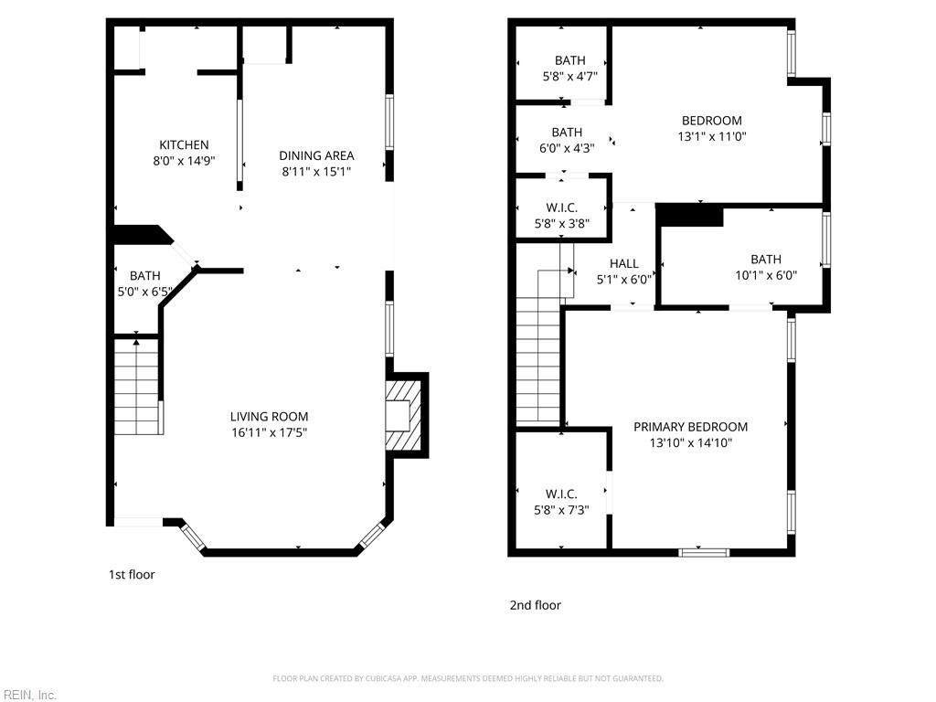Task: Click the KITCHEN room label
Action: pyautogui.click(x=184, y=145)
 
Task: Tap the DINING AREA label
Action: pyautogui.click(x=316, y=155)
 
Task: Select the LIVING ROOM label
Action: pyautogui.click(x=270, y=417)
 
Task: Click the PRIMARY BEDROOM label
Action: pyautogui.click(x=691, y=427)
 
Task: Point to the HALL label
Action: pyautogui.click(x=623, y=263)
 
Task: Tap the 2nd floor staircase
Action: pyautogui.click(x=539, y=347)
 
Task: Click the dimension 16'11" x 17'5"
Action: pyautogui.click(x=270, y=432)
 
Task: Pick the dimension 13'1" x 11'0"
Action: pyautogui.click(x=712, y=136)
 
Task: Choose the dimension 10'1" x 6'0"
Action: pyautogui.click(x=766, y=275)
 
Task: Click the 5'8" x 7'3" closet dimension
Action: pyautogui.click(x=561, y=510)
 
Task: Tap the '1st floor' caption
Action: pyautogui.click(x=132, y=574)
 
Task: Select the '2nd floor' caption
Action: pyautogui.click(x=536, y=605)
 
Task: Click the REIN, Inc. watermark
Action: pyautogui.click(x=28, y=695)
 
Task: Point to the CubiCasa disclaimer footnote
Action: pyautogui.click(x=468, y=678)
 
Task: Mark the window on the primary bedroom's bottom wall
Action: pyautogui.click(x=704, y=552)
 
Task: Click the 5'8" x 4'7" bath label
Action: pyautogui.click(x=570, y=68)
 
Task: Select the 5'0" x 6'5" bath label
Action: pyautogui.click(x=145, y=283)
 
